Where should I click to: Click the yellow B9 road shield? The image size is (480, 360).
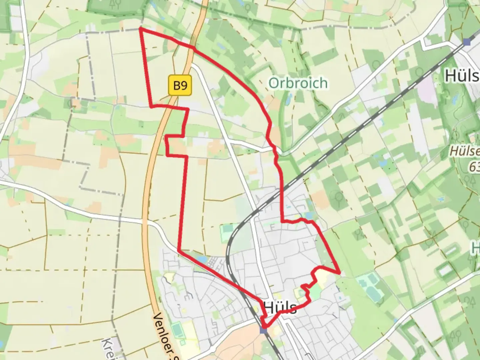pyautogui.click(x=180, y=86)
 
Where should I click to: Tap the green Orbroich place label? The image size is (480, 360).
pyautogui.click(x=298, y=83)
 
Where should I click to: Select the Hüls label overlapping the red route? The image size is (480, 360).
pyautogui.click(x=280, y=307)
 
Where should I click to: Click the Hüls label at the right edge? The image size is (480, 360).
pyautogui.click(x=462, y=76)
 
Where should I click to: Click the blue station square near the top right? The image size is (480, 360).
pyautogui.click(x=467, y=42)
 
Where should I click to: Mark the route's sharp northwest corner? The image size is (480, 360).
pyautogui.click(x=140, y=29)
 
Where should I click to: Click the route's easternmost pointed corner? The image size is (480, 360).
pyautogui.click(x=340, y=273)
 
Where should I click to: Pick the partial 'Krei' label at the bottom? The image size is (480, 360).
pyautogui.click(x=108, y=348)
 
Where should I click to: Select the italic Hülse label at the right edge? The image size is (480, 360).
pyautogui.click(x=464, y=151)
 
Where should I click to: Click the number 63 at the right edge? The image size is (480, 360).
pyautogui.click(x=474, y=167)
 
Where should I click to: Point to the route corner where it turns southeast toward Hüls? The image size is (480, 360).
pyautogui.click(x=179, y=250)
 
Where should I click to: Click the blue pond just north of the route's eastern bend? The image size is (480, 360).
pyautogui.click(x=309, y=215)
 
